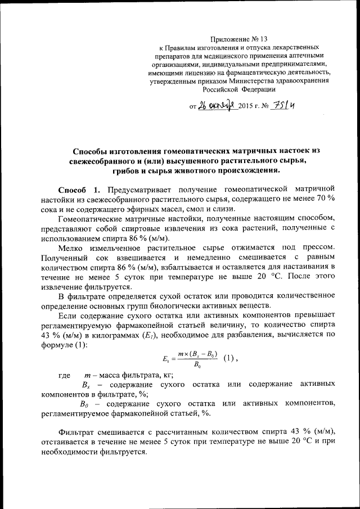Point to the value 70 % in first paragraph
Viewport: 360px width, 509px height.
[330, 199]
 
